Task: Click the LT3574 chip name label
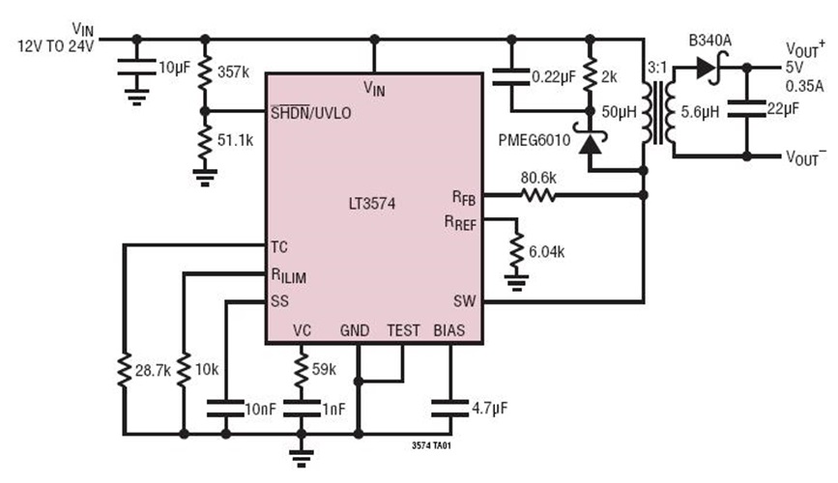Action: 373,204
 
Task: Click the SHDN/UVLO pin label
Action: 311,113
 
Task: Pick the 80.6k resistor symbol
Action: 538,195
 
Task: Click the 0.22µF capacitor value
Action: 549,75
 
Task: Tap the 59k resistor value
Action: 324,369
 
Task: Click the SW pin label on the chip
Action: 465,300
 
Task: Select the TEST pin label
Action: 403,330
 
